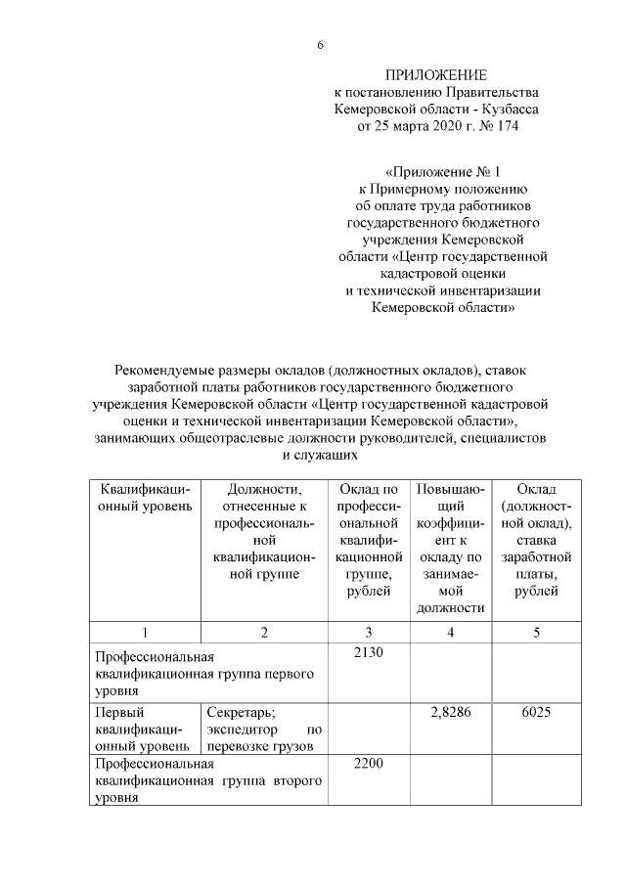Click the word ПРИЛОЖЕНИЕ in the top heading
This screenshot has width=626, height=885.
tap(435, 75)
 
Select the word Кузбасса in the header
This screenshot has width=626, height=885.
tap(510, 110)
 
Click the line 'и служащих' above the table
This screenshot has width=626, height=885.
tap(319, 455)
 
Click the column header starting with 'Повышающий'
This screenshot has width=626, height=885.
tap(450, 548)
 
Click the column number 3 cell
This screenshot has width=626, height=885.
tap(368, 632)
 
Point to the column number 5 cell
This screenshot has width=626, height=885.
tap(536, 632)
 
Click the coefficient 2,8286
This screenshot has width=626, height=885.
tap(450, 712)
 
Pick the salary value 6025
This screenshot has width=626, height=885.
tap(536, 712)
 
